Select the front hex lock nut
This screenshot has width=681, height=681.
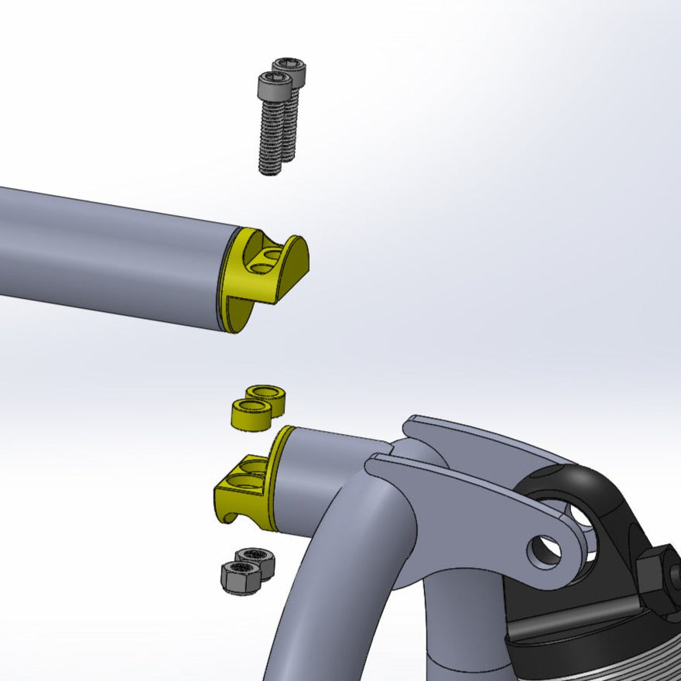[x=238, y=577]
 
